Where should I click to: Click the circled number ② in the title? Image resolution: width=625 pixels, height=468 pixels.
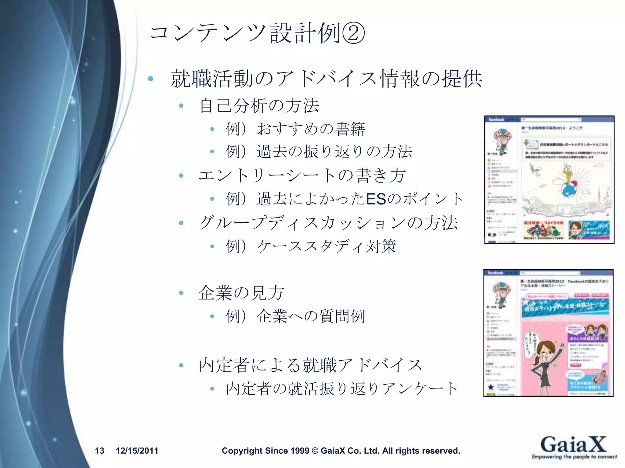pos(353,33)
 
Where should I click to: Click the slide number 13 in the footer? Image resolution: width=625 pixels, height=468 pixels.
pos(99,451)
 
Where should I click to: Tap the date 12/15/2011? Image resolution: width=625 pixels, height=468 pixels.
pos(137,451)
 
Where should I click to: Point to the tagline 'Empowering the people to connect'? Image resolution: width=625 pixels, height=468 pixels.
pos(574,457)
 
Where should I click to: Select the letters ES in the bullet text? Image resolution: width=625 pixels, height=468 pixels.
pos(376,199)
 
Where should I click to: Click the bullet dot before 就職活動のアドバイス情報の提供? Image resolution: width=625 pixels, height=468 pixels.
pos(150,79)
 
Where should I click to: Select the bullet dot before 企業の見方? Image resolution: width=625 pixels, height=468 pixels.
pos(181,293)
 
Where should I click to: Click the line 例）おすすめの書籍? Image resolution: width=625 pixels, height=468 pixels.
pos(295,129)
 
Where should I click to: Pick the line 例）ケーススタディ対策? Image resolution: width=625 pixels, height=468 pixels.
pos(311,246)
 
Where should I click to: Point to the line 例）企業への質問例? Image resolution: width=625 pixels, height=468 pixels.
pos(295,316)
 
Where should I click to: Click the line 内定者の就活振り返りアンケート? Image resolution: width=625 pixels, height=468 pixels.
pos(342,388)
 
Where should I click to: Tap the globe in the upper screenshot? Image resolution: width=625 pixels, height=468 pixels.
pos(568,190)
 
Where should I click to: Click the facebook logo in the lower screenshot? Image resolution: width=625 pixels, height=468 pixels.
pos(496,273)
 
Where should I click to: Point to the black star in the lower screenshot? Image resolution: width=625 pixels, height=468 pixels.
pos(491,387)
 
